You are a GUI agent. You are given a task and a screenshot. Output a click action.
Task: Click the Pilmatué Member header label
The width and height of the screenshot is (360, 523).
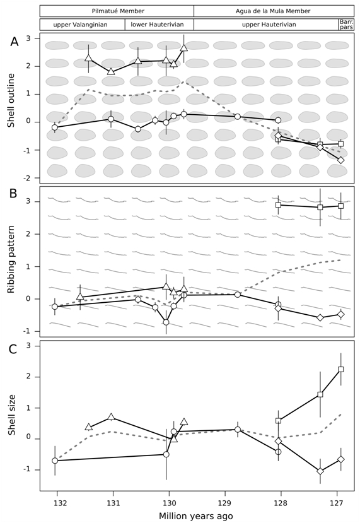tap(118, 11)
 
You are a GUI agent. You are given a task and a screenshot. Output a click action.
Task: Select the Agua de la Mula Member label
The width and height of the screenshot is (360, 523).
tap(272, 11)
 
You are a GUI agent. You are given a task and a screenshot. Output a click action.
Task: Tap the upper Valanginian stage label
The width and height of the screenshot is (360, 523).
tap(80, 25)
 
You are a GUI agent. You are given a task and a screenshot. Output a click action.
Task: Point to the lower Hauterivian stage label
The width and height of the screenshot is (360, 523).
tap(157, 25)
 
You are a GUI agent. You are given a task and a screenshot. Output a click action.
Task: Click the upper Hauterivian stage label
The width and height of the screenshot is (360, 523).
tap(269, 25)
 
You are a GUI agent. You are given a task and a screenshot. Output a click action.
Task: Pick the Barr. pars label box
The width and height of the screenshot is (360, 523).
tap(346, 25)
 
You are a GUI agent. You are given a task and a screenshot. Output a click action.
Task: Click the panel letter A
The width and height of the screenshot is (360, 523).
tap(15, 42)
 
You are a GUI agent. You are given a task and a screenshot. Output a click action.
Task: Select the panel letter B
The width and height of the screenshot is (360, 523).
tap(13, 194)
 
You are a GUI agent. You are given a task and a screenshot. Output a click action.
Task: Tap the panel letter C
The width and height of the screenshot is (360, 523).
tap(13, 349)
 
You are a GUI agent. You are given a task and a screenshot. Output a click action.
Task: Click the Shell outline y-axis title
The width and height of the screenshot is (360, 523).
tap(12, 100)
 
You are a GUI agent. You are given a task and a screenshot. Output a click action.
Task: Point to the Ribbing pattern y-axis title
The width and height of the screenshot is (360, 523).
tap(12, 259)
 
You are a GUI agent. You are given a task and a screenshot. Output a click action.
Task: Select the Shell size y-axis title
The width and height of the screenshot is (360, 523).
tap(12, 414)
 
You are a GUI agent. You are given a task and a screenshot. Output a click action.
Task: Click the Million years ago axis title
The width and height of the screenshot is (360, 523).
tap(195, 516)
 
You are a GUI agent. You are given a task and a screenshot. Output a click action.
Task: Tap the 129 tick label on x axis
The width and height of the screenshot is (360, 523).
tap(224, 503)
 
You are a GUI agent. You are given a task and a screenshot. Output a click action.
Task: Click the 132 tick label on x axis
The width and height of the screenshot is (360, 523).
tap(57, 503)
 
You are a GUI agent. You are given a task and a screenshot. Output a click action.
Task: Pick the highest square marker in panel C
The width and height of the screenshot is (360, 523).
tap(340, 369)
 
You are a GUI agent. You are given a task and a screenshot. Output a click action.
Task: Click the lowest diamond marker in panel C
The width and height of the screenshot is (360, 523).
tap(320, 471)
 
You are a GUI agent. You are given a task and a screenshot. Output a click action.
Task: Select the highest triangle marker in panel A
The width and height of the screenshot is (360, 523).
tap(184, 48)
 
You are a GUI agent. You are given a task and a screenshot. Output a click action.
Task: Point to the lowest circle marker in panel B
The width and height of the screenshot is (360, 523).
tap(166, 322)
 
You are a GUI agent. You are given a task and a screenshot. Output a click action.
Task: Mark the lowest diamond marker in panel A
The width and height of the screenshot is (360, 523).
tap(340, 160)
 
